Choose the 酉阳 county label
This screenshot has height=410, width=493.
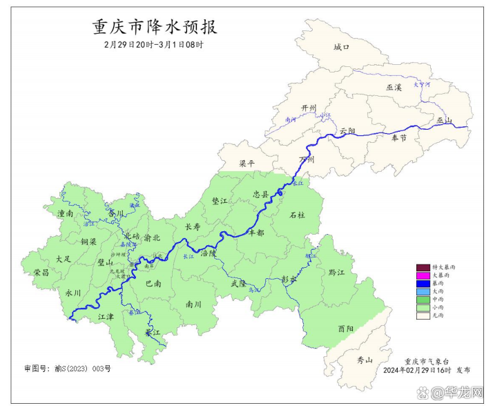(346, 329)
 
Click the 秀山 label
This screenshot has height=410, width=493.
(364, 360)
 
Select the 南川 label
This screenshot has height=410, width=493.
(194, 304)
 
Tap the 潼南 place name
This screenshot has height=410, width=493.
(66, 214)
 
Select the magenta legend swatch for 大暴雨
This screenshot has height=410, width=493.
(423, 275)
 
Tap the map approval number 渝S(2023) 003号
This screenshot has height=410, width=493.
(67, 369)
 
